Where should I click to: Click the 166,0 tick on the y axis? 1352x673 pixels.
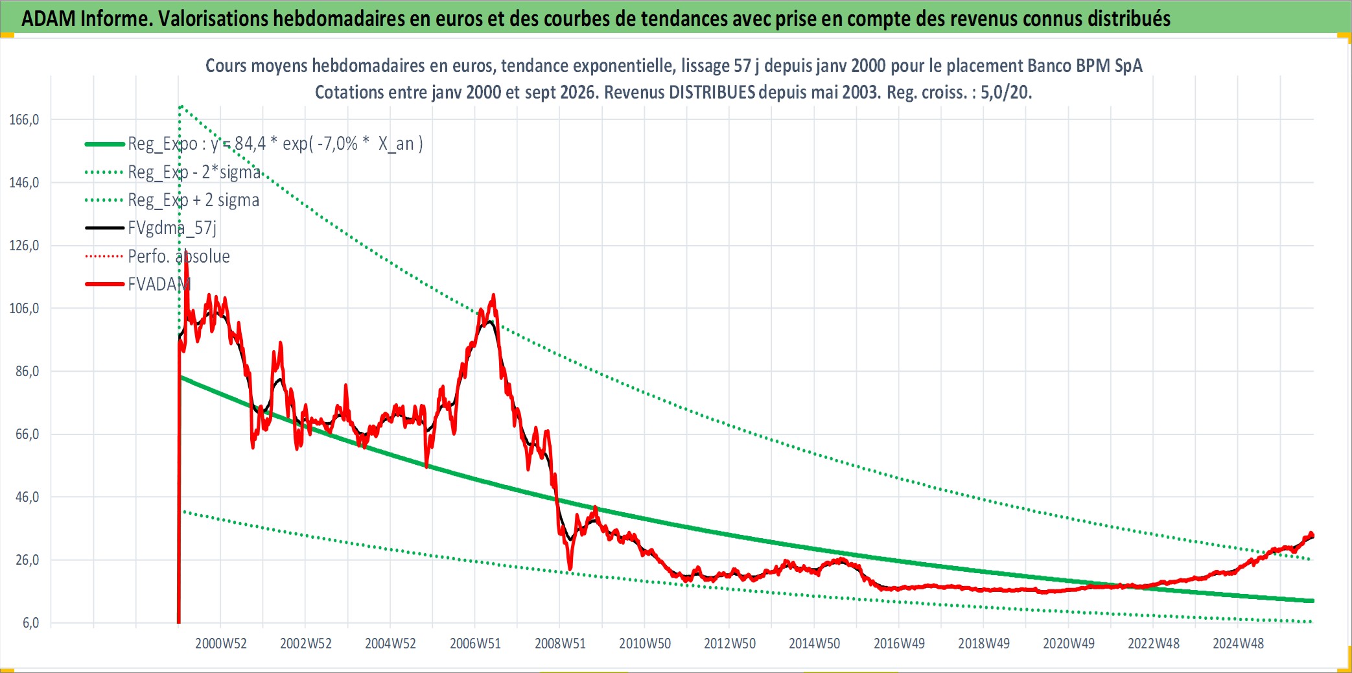click(24, 120)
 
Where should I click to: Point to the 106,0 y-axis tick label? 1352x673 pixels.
click(24, 309)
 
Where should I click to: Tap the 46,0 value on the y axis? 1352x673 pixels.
click(27, 497)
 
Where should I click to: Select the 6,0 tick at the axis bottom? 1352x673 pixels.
click(30, 623)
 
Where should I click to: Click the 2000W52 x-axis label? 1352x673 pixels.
click(221, 644)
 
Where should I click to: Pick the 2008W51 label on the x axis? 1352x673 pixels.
click(560, 644)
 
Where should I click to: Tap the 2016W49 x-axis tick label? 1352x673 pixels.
click(899, 644)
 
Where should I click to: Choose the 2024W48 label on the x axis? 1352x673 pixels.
click(1238, 644)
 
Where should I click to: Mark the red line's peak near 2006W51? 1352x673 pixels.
click(494, 295)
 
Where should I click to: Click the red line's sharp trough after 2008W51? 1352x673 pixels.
click(570, 570)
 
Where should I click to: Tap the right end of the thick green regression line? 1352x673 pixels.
click(1312, 601)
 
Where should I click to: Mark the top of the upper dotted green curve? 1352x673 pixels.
click(181, 106)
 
